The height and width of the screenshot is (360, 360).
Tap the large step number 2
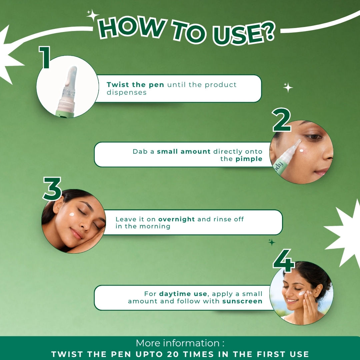point(281,120)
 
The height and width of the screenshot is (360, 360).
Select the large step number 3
point(52,188)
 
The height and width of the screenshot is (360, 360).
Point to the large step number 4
point(284,261)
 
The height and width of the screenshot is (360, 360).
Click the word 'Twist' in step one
point(118,85)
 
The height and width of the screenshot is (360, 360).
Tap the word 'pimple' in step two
point(249,159)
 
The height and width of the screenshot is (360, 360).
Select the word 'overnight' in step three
point(176,219)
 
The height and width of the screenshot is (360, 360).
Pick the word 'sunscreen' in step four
point(242,301)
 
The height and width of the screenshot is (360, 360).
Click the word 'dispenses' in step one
point(127,93)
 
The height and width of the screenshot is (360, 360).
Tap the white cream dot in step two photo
point(301,151)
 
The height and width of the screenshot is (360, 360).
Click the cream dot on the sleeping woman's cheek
point(72,215)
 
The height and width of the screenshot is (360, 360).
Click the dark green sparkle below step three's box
point(272,242)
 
